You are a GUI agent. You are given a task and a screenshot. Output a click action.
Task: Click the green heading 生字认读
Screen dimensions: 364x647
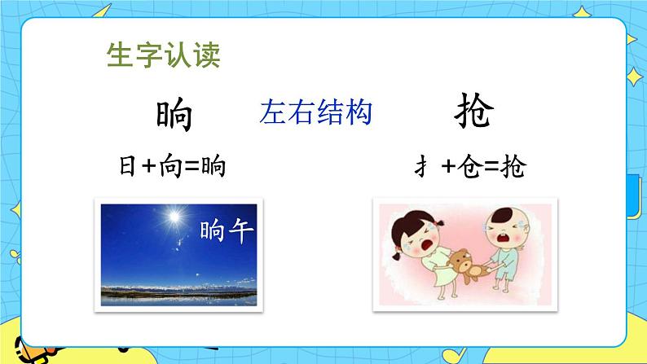164,55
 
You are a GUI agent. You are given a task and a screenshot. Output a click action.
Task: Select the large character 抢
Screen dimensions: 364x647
473,115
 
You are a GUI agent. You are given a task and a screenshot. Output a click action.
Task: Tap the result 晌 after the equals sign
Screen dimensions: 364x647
213,168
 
